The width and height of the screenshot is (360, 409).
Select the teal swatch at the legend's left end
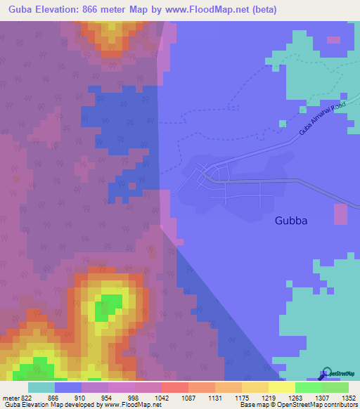[x=41, y=387]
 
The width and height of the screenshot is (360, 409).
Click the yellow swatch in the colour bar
[x=281, y=387]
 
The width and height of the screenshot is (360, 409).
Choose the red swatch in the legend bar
[x=174, y=387]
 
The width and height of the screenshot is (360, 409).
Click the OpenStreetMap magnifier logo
[x=326, y=372]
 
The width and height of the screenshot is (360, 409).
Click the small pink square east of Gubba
[x=340, y=214]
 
